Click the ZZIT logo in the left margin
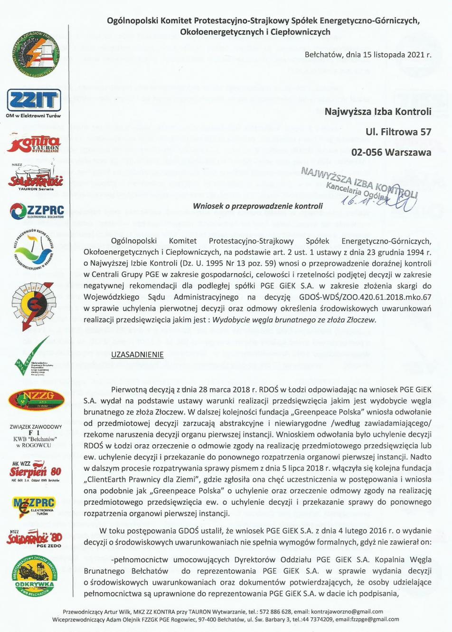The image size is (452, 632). coord(34,101)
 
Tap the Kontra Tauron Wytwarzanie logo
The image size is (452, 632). coord(34,144)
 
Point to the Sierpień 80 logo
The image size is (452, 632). coord(36,471)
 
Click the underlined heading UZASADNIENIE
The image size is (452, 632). coord(137,354)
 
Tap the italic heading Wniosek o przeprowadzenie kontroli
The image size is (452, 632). coord(257,206)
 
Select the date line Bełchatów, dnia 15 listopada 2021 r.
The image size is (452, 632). coord(368,55)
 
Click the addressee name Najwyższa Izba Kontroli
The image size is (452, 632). coord(378,112)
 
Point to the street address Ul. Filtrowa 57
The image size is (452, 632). coord(398,132)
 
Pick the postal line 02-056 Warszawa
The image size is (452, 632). coord(391,152)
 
